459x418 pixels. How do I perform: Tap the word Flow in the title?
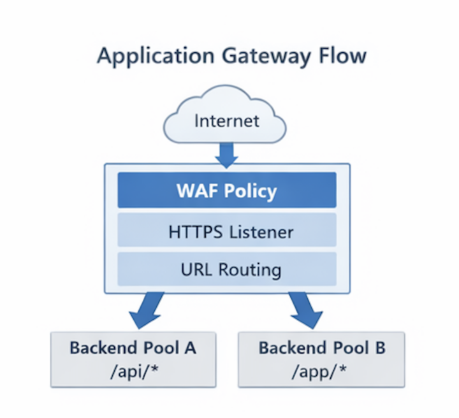tap(344, 55)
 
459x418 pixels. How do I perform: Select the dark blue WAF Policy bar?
tap(226, 191)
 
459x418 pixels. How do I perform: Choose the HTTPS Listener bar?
tap(226, 231)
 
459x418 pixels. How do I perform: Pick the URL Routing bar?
tap(226, 269)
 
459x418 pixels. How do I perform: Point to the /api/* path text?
tap(133, 370)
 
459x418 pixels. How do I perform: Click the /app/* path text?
tap(321, 370)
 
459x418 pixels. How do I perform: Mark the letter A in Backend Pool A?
tap(189, 349)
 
